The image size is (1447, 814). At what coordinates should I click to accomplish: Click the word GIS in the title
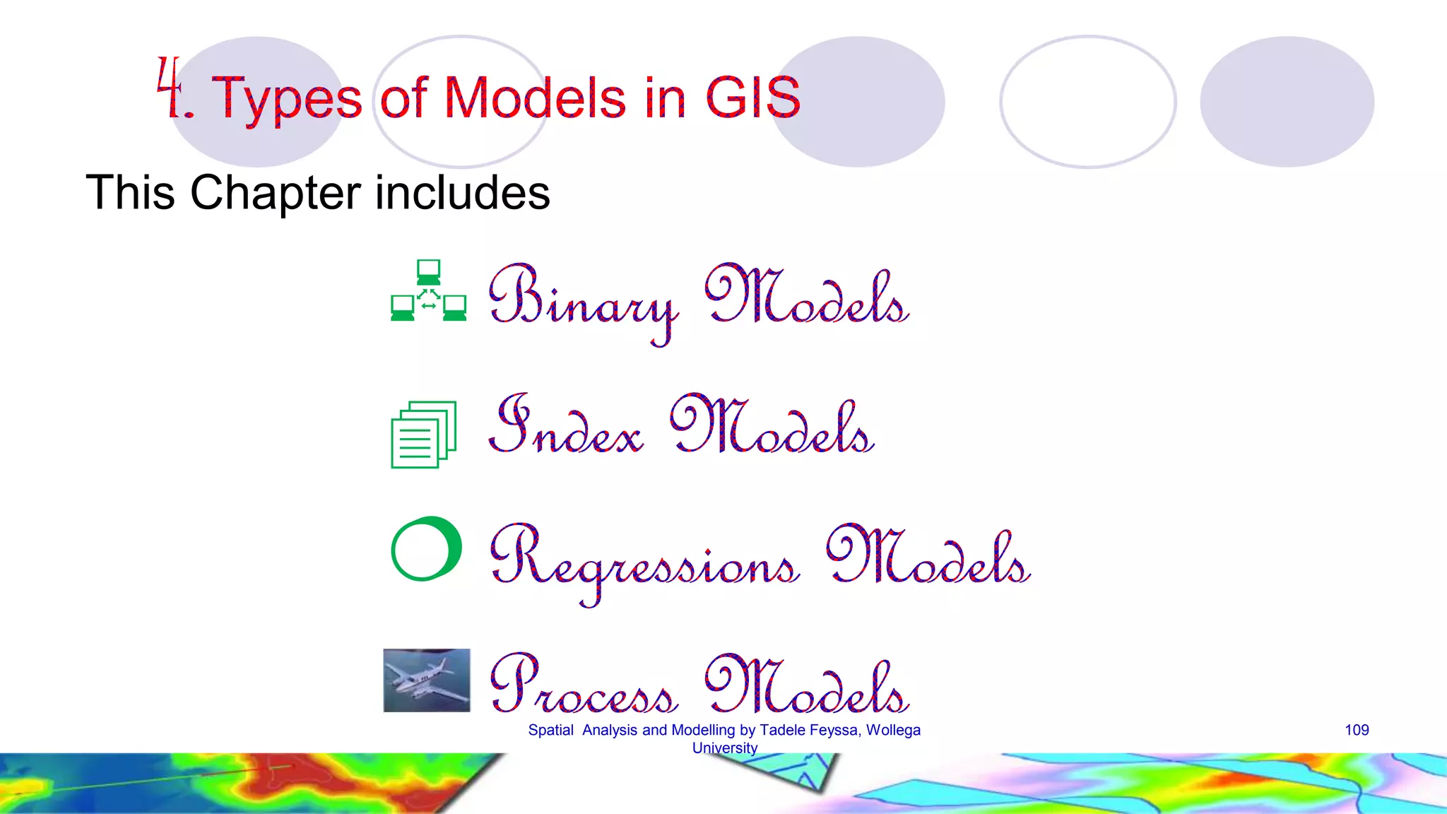753,98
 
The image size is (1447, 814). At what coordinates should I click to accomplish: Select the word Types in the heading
287,100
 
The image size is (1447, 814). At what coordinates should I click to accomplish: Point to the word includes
462,192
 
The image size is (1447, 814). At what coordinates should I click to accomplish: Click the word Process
584,685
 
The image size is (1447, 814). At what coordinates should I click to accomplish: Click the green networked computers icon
428,291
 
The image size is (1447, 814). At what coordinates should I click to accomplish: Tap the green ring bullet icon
426,549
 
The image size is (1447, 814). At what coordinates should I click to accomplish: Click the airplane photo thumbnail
427,680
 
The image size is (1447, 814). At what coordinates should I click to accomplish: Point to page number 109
1357,730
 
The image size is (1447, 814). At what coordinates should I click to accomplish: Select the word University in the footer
724,748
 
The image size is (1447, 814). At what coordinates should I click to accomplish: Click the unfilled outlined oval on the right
1087,102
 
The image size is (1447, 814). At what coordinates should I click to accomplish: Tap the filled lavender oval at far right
1287,102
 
